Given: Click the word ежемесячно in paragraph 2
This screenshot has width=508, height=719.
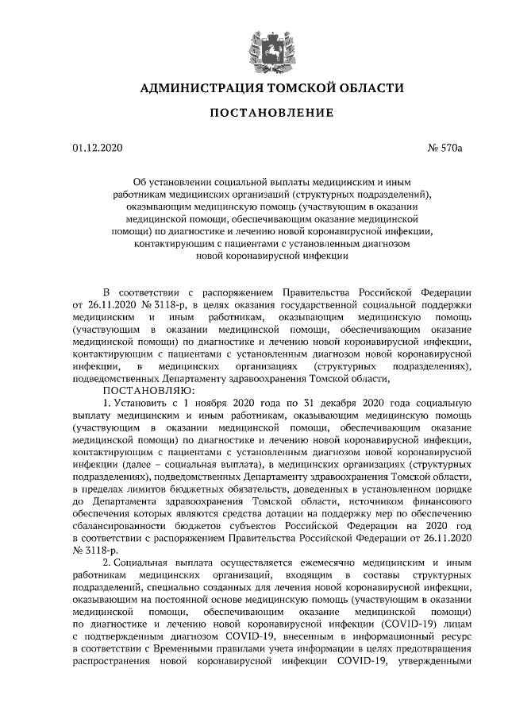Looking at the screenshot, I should (307, 562).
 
